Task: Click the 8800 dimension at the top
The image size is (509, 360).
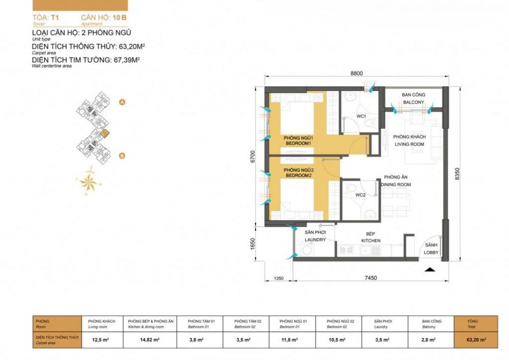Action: (x=356, y=73)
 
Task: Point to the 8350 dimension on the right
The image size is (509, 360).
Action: (x=457, y=174)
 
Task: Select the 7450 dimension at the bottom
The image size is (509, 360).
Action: (x=370, y=278)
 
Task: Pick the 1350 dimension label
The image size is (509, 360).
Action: (x=278, y=278)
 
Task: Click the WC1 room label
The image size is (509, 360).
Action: (x=361, y=117)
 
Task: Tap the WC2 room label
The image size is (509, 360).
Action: (x=360, y=195)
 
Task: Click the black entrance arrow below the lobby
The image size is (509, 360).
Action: (x=430, y=269)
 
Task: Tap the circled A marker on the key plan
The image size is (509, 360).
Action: (x=122, y=102)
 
